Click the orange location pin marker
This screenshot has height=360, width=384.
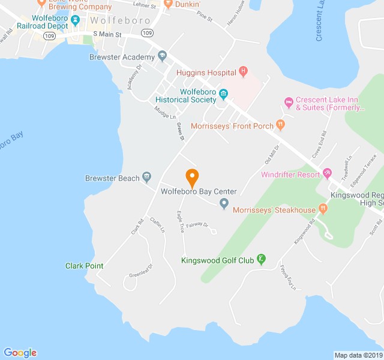click(192, 178)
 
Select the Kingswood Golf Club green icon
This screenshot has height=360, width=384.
click(261, 259)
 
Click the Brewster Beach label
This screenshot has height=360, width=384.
click(112, 178)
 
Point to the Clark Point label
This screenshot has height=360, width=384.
click(84, 266)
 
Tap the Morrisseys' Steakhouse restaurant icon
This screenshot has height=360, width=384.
click(323, 209)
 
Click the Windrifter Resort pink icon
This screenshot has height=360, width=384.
click(328, 175)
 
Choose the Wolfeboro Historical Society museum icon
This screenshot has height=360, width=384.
click(223, 94)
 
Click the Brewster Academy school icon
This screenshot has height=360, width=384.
click(162, 56)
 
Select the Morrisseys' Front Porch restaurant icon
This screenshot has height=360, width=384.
click(281, 125)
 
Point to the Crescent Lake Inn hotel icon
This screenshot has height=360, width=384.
click(288, 102)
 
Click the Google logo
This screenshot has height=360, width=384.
click(20, 353)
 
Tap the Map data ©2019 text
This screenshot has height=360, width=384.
click(358, 355)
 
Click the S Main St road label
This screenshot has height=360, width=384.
click(107, 35)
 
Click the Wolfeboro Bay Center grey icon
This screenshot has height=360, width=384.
click(224, 204)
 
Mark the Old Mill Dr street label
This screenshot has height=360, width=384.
click(272, 154)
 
